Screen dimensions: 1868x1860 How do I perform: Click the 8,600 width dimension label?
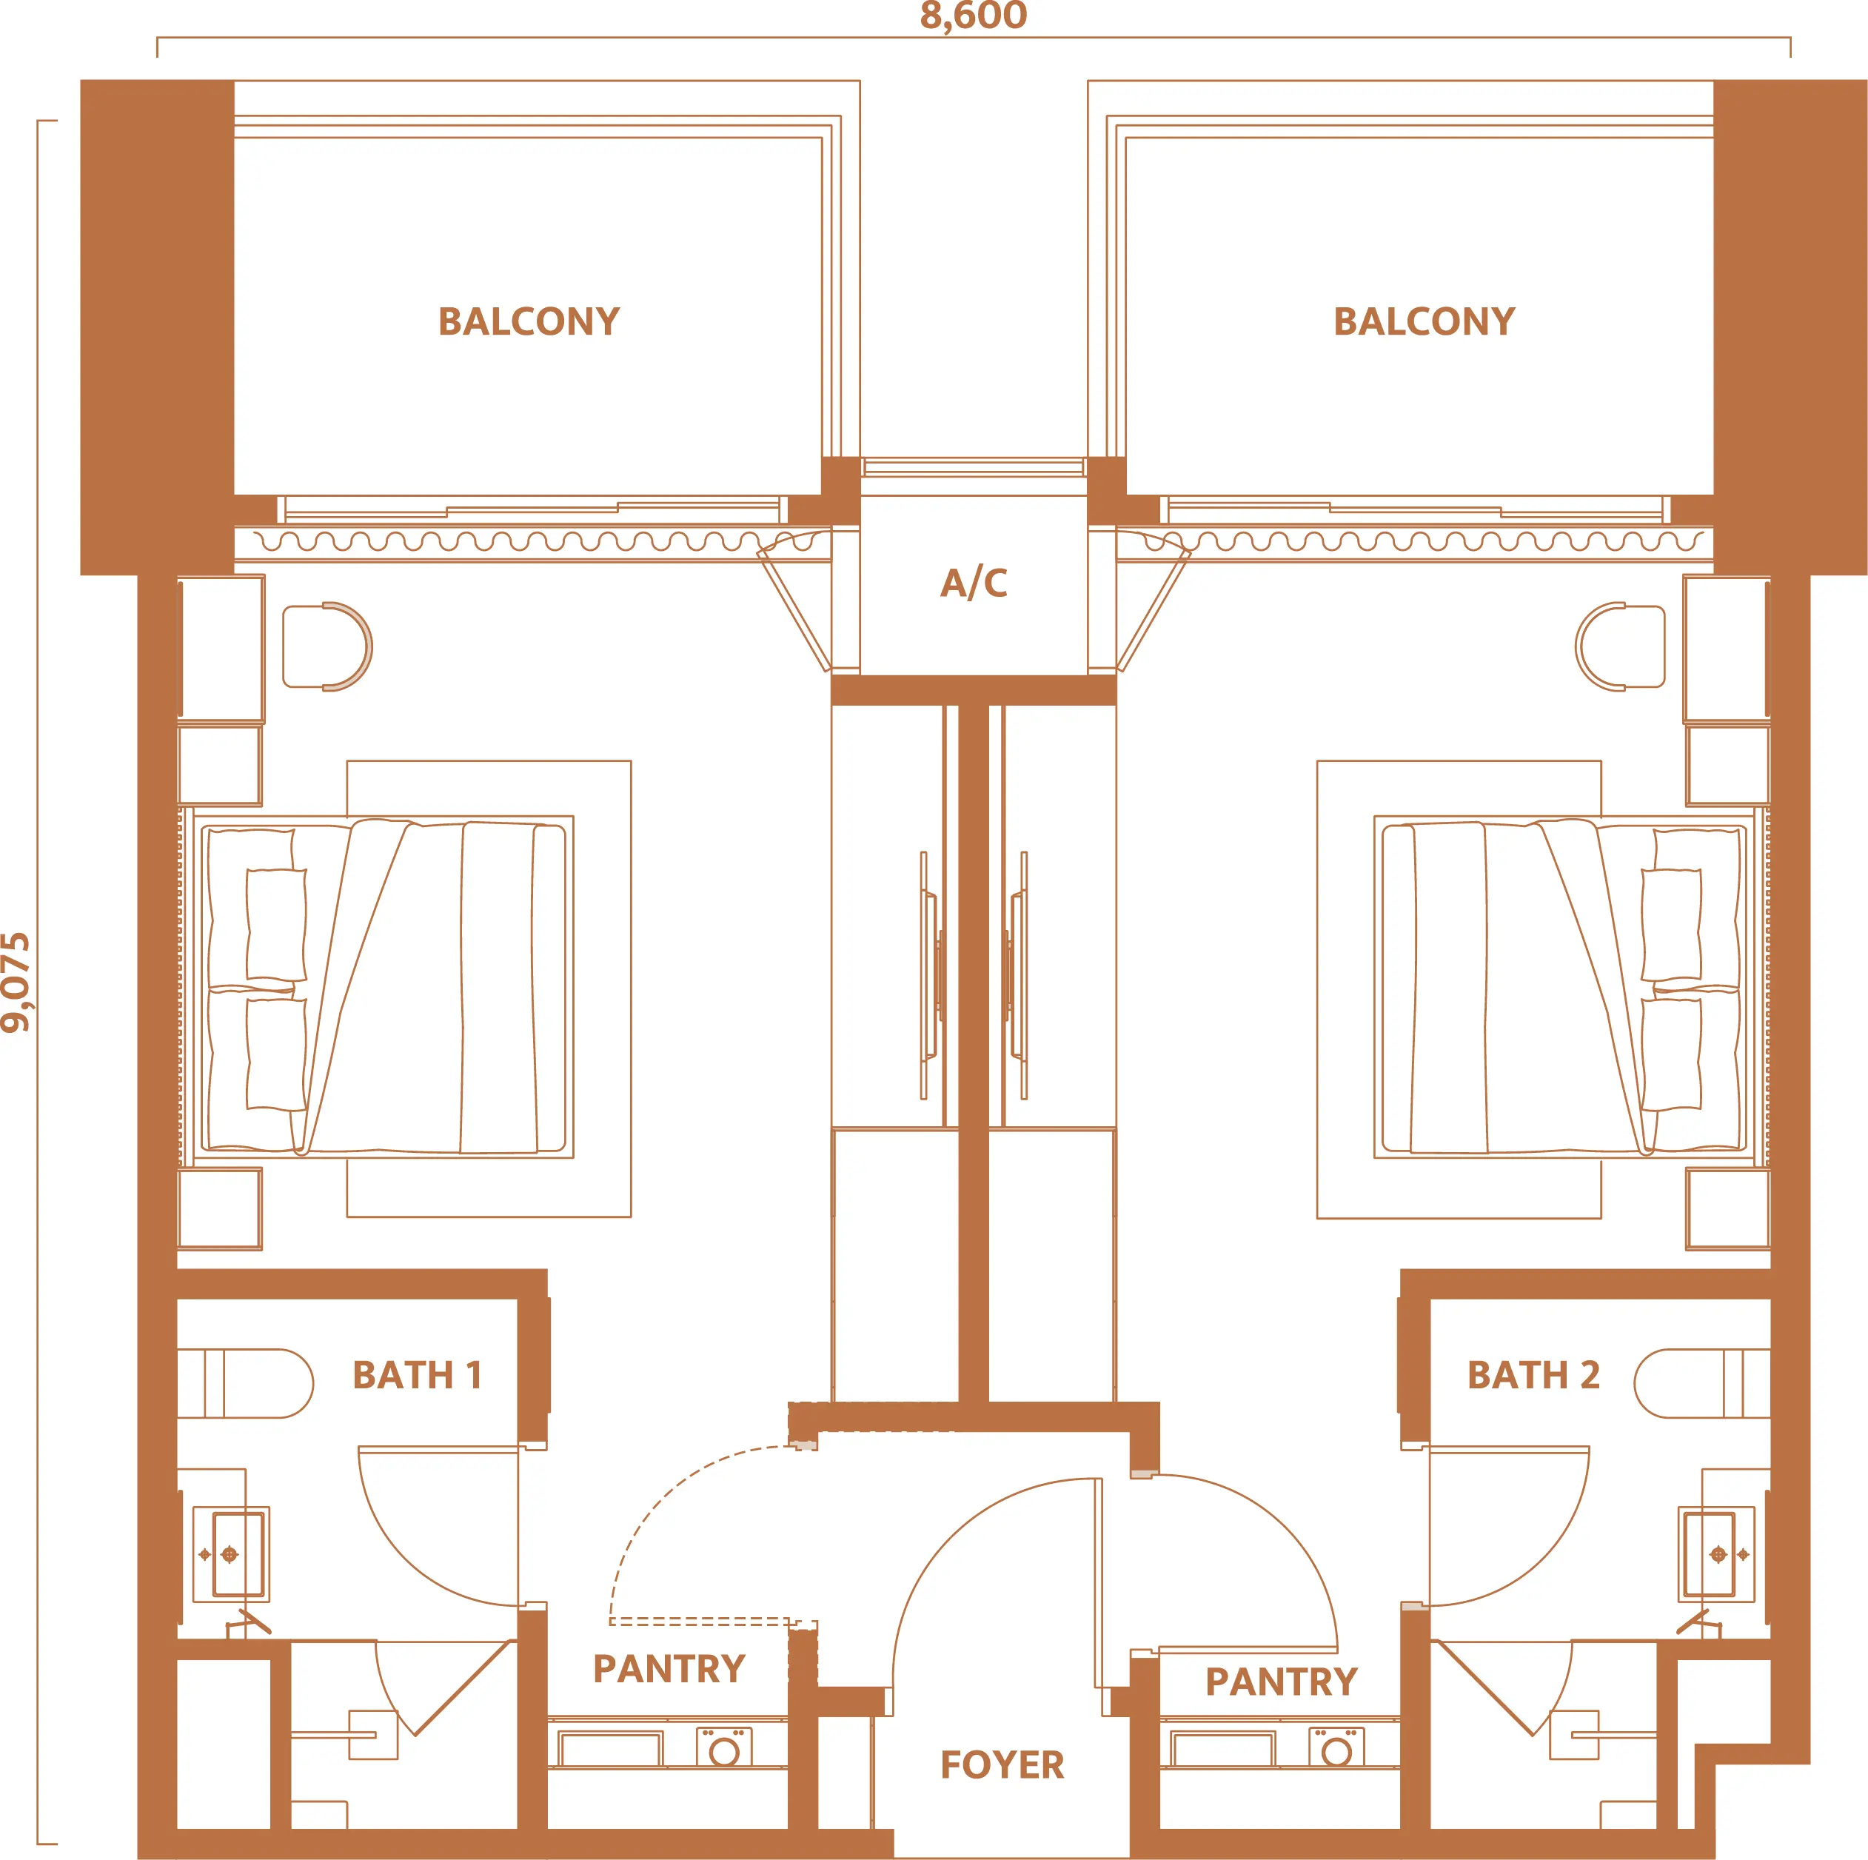[x=973, y=16]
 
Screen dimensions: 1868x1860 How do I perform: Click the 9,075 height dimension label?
[x=16, y=983]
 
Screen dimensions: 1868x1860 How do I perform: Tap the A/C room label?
[x=974, y=583]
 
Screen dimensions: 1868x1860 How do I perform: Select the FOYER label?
[x=1002, y=1765]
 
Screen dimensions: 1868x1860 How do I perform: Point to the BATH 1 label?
[x=417, y=1375]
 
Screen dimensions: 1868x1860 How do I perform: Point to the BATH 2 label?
[x=1533, y=1375]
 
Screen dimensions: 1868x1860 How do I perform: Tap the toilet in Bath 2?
[x=1701, y=1383]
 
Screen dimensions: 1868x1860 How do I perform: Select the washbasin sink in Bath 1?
[x=231, y=1554]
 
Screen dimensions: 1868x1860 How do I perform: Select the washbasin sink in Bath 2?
[x=1716, y=1554]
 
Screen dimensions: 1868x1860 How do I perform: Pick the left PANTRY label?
[x=669, y=1668]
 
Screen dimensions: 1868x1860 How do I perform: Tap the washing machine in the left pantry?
[x=724, y=1748]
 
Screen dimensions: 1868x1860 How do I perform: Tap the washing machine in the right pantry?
[x=1337, y=1748]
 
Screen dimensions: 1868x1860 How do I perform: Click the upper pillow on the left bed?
[x=276, y=924]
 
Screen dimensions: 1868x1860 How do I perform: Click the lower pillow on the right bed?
[x=1671, y=1054]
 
